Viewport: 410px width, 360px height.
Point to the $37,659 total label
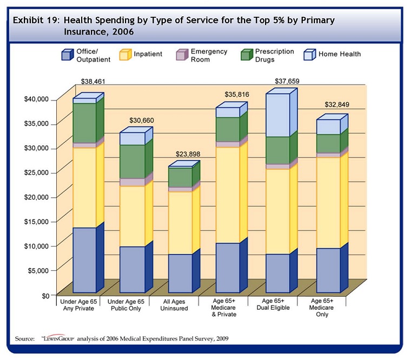click(x=286, y=82)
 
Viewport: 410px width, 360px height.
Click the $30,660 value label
click(x=142, y=120)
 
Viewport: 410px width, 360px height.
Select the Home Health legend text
click(x=340, y=54)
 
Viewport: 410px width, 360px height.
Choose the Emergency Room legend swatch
click(x=182, y=55)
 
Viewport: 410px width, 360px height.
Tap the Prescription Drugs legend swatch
click(x=247, y=55)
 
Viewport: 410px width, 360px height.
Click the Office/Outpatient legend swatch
click(x=67, y=55)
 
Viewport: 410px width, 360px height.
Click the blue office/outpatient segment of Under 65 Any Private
click(x=84, y=260)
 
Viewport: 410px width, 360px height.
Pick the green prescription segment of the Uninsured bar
click(x=180, y=177)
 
